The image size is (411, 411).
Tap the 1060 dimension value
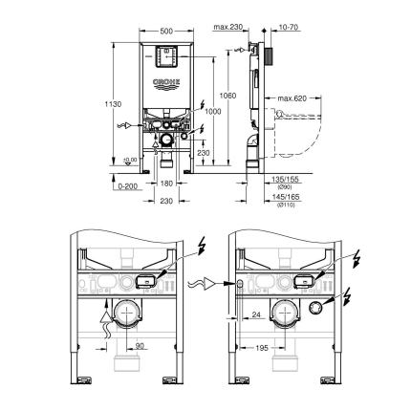coord(227,96)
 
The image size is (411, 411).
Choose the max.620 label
coord(292,98)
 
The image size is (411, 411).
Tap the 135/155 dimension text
coord(286,178)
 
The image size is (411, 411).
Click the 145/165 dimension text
coord(286,196)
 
